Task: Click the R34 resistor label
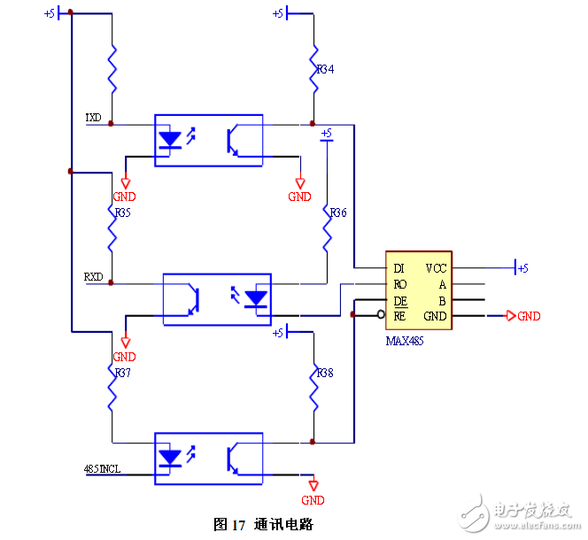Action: [325, 69]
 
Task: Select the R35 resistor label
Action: [121, 212]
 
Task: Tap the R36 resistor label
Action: [337, 213]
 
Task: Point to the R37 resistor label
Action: [121, 373]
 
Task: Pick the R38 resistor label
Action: [325, 374]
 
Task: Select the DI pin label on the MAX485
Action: [398, 267]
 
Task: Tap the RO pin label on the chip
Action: [399, 284]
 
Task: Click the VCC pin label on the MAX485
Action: [436, 267]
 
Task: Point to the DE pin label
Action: [399, 300]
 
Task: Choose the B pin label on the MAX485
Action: [442, 300]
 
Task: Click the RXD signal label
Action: [93, 277]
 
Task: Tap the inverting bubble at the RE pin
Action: [380, 315]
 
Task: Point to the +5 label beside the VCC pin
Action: [522, 268]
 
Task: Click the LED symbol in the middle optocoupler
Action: [256, 298]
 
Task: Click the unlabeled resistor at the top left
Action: [112, 68]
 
